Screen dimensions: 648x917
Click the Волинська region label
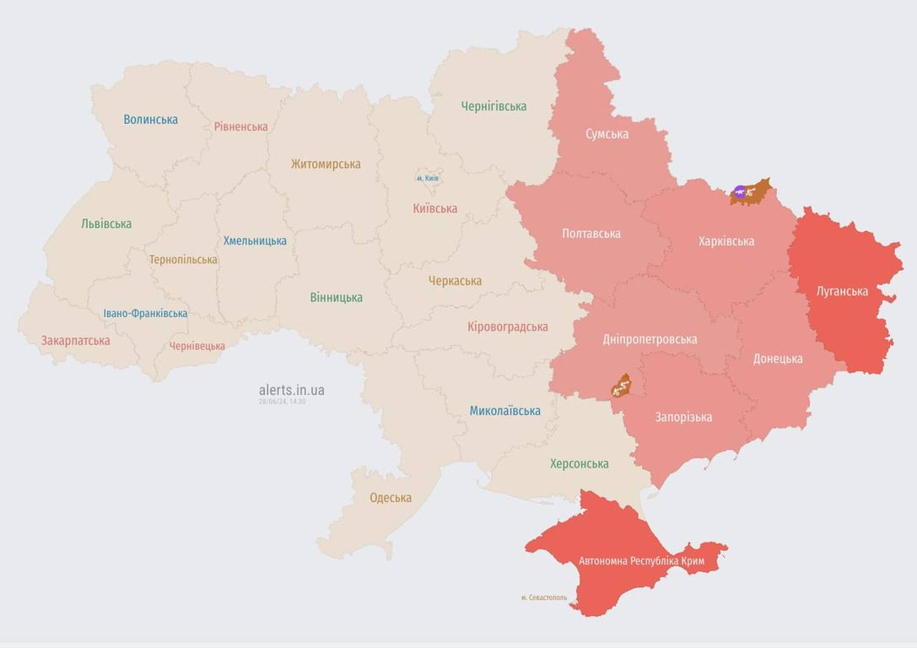[x=150, y=120]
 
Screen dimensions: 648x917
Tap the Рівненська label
[x=240, y=127]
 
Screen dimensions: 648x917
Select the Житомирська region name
[x=326, y=165]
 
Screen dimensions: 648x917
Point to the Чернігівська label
[x=494, y=106]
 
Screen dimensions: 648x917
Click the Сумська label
[x=607, y=134]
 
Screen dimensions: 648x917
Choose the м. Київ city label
[x=428, y=178]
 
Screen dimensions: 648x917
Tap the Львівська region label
[x=106, y=224]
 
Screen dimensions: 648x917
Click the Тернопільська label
[x=183, y=260]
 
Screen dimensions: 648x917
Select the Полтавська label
[x=591, y=234]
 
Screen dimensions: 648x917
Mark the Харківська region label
[x=726, y=241]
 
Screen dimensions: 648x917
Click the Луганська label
[x=842, y=292]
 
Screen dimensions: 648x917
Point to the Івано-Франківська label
[x=145, y=313]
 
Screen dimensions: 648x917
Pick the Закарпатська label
[x=76, y=341]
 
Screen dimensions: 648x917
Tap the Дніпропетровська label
[x=650, y=339]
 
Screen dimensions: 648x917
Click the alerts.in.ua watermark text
[x=291, y=390]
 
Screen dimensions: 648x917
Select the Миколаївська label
[x=504, y=411]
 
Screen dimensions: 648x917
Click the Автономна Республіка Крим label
[x=641, y=561]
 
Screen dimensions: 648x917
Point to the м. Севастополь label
[x=543, y=597]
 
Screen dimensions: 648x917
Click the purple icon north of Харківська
[x=740, y=192]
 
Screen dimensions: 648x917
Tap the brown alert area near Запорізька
[x=622, y=386]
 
